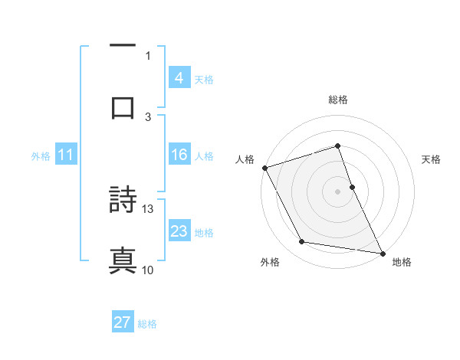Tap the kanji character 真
123,260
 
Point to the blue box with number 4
179,78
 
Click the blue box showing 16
179,155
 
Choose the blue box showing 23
179,231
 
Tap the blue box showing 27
123,322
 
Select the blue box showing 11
65,155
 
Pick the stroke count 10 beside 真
148,270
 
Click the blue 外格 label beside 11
41,155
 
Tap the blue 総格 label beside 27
147,323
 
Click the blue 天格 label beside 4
204,79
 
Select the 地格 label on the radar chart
402,262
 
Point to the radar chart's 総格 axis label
338,100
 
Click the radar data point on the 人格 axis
264,168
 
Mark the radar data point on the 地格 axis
382,253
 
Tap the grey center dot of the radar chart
338,191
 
